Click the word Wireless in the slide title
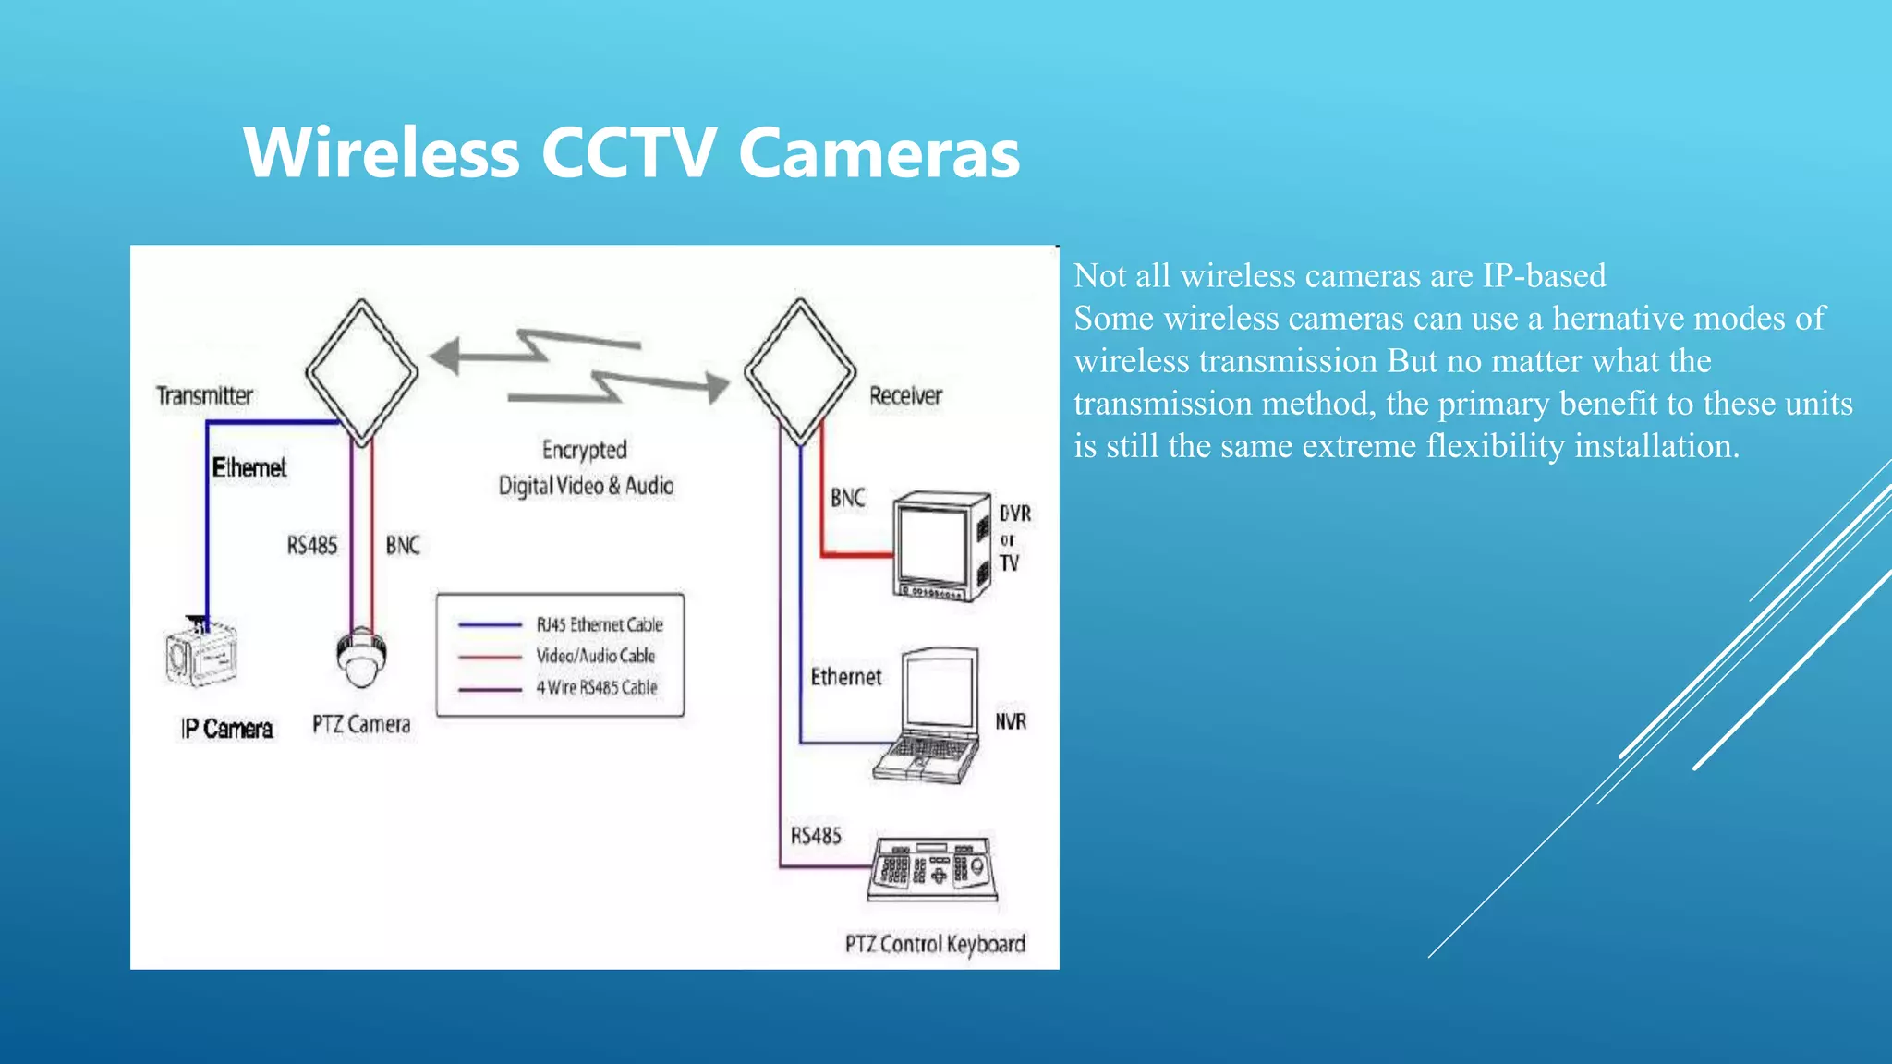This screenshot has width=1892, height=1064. (382, 153)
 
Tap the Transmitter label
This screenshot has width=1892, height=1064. (204, 396)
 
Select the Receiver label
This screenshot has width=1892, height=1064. (905, 396)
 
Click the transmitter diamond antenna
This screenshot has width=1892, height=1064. (361, 372)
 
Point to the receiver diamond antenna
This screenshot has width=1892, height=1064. (800, 372)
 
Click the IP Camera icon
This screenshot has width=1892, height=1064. (201, 654)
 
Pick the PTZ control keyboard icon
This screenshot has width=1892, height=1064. (932, 868)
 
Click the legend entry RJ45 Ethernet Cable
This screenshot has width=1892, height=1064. (600, 625)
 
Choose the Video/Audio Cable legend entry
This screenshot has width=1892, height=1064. (596, 656)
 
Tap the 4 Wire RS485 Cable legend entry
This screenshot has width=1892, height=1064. (597, 687)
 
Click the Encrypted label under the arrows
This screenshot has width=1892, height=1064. (585, 450)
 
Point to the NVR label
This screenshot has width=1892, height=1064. (1011, 721)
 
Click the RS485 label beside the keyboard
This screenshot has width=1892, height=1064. (816, 836)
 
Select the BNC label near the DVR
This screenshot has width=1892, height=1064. (847, 499)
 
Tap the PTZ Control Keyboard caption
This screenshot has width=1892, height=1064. (935, 944)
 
